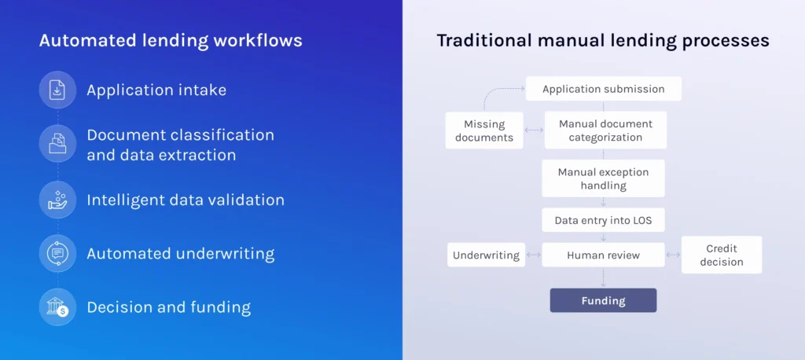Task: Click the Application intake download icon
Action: [x=57, y=90]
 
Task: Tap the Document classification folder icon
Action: [x=57, y=143]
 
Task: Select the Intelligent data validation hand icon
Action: [x=57, y=200]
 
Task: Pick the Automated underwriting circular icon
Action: [x=57, y=253]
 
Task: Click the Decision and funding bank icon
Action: [x=57, y=307]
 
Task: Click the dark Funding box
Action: [x=603, y=300]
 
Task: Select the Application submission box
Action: [x=603, y=89]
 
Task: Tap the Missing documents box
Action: [x=484, y=130]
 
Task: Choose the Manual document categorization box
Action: [x=605, y=130]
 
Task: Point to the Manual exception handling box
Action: [x=603, y=178]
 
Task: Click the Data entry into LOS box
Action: [x=603, y=220]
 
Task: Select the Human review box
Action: [x=603, y=255]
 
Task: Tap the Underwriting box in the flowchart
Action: [x=486, y=255]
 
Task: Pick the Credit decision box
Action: [x=722, y=255]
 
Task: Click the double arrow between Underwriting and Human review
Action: [x=534, y=255]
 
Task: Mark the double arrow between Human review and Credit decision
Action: [x=673, y=255]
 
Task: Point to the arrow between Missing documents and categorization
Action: [x=534, y=130]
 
